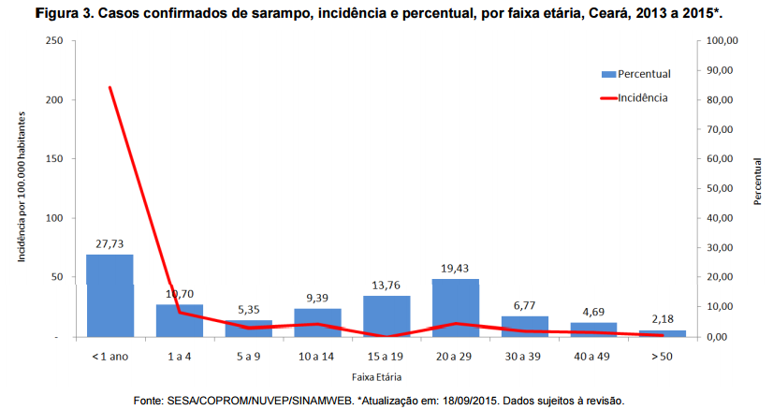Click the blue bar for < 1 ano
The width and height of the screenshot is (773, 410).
point(109,295)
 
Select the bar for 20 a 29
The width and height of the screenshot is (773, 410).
point(456,307)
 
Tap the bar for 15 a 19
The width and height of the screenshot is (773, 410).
point(386,315)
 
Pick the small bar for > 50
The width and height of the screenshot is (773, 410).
point(663,332)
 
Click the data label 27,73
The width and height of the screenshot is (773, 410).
point(109,242)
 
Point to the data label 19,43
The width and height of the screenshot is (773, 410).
point(456,268)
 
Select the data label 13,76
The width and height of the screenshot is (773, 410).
point(386,285)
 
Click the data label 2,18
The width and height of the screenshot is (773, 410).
point(663,319)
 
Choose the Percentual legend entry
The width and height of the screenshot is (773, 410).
point(643,74)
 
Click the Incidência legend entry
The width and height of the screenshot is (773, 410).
point(643,96)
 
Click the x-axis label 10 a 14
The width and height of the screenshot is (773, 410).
point(317,357)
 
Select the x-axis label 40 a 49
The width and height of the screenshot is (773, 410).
point(593,357)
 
